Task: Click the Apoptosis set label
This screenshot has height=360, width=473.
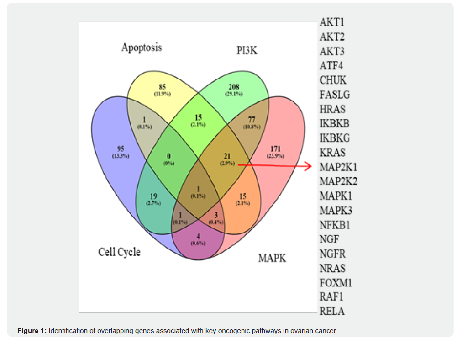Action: (142, 48)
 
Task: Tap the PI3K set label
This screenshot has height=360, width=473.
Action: (247, 50)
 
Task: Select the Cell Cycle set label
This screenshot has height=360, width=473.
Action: (119, 252)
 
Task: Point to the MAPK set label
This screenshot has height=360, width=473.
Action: (272, 258)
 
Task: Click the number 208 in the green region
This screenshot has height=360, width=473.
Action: (233, 87)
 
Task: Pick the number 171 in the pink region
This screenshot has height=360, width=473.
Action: (275, 149)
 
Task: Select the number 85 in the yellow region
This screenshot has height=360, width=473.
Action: (162, 87)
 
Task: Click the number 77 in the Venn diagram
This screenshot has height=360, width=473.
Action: (252, 120)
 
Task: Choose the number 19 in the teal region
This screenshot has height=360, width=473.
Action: (153, 197)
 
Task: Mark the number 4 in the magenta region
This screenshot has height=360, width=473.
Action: (198, 236)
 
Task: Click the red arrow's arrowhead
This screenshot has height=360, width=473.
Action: (309, 166)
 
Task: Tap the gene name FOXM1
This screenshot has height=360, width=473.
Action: (336, 283)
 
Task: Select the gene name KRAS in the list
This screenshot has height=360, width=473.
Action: (332, 153)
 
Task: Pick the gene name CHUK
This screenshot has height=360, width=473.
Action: (333, 80)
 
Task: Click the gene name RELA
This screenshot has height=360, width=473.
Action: (332, 312)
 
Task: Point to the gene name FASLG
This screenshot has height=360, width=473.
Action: (335, 95)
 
